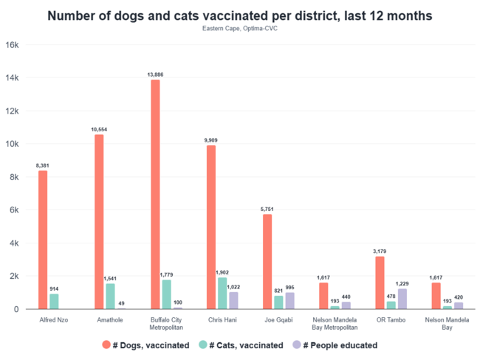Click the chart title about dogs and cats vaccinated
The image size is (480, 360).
tap(240, 15)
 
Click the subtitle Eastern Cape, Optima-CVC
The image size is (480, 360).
tap(240, 29)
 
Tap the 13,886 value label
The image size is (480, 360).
tap(155, 75)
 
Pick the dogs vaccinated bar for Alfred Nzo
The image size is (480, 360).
tap(43, 240)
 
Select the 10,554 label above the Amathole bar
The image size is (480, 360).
tap(99, 129)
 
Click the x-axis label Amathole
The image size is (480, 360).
tap(110, 321)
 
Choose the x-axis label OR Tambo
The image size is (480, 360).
tap(391, 321)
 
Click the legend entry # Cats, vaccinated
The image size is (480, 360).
tap(247, 345)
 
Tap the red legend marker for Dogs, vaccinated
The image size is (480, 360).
tap(107, 345)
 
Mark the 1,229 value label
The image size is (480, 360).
tap(403, 283)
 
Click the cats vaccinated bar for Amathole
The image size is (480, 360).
tap(110, 296)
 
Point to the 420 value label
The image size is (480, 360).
tap(459, 297)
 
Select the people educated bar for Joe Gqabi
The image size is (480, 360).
tap(289, 300)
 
